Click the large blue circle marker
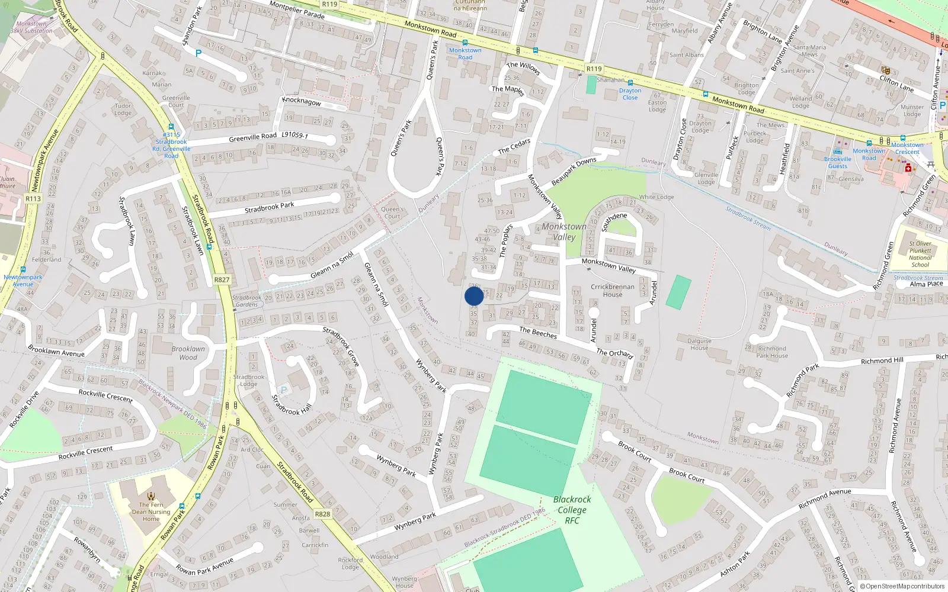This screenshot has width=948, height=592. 474,296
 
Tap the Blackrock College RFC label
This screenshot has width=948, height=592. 572,510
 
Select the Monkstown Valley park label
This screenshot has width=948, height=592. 563,231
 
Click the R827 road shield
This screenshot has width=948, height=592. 222,279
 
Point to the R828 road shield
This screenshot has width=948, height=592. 322,514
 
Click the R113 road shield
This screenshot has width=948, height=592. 33,198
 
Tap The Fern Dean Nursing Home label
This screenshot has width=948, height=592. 151,511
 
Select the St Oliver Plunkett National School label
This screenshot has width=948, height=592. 920,254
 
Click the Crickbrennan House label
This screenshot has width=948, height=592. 612,290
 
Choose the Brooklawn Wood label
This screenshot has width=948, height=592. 188,353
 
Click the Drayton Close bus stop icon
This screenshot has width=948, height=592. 630,83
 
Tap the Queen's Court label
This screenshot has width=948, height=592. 392,213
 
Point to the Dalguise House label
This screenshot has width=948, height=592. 699,344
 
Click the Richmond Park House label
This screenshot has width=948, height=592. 772,352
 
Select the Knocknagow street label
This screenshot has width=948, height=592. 302,101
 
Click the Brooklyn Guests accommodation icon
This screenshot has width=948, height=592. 838,151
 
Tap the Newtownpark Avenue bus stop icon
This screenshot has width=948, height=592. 23,269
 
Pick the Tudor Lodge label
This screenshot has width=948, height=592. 123,110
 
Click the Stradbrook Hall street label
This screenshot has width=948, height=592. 292,406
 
